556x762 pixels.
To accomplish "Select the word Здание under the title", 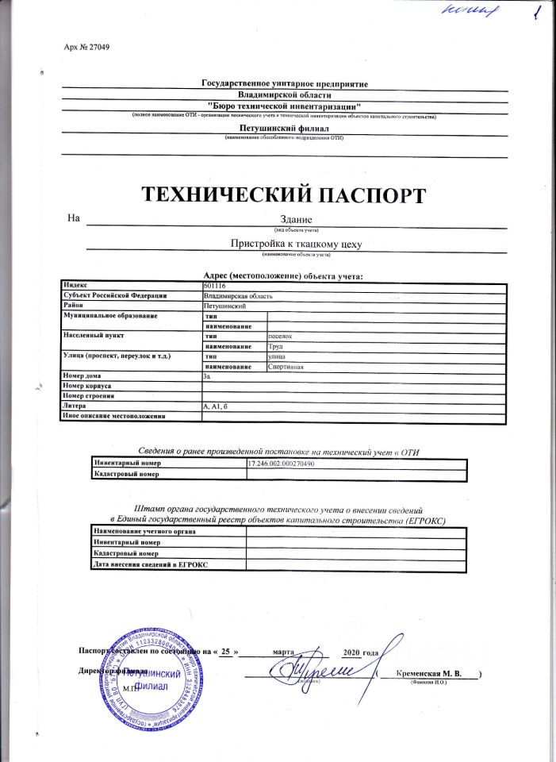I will point(297,219).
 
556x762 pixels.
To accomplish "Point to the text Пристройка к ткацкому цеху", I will point(296,244).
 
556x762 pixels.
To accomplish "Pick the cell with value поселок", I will point(281,336).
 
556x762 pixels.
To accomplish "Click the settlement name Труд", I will point(277,346).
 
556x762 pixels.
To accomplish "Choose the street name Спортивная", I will point(286,367).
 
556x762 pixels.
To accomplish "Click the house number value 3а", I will point(208,376).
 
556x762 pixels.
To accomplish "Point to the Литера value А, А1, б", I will point(216,406).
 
